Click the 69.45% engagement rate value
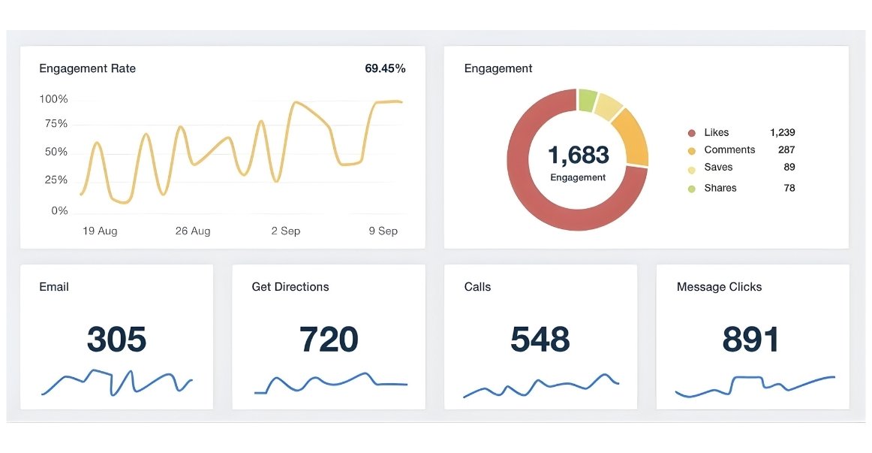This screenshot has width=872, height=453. tap(385, 68)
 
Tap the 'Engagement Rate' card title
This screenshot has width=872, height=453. tap(87, 68)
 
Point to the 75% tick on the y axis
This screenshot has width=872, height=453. tap(53, 124)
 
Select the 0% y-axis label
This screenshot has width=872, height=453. tap(59, 211)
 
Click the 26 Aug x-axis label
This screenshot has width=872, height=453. tap(193, 231)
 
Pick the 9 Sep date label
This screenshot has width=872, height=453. tap(383, 231)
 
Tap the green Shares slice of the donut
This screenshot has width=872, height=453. tap(587, 100)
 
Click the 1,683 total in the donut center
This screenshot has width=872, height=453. tap(578, 155)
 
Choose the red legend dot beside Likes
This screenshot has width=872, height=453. tap(691, 133)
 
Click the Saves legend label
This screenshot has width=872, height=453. tap(718, 168)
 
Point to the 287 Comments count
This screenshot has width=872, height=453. tap(786, 150)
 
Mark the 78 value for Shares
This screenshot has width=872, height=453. tap(789, 188)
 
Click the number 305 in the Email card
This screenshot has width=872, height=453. tap(116, 340)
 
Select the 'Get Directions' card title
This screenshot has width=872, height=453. tap(290, 287)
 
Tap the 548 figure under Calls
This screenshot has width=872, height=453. tap(540, 340)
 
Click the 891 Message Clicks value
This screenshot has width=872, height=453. tap(751, 340)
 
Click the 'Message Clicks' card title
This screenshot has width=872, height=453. tap(719, 287)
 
